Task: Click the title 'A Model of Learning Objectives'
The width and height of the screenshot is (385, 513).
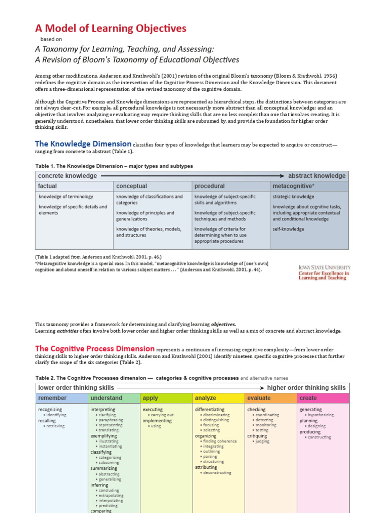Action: click(110, 28)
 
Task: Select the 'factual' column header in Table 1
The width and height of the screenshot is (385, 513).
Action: click(48, 186)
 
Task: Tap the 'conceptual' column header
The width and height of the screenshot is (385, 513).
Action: click(131, 186)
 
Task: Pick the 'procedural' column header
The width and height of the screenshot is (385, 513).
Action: click(210, 186)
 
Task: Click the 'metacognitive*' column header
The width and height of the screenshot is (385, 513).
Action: click(294, 186)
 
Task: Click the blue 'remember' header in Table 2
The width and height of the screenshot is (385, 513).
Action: click(53, 398)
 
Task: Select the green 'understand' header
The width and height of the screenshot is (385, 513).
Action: click(106, 398)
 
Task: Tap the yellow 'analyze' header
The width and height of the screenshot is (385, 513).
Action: click(206, 398)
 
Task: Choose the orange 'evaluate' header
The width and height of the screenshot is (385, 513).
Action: click(259, 398)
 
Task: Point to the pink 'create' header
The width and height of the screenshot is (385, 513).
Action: click(308, 398)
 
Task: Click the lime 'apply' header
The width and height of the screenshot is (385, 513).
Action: click(150, 398)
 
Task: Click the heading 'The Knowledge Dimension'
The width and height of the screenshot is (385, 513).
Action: click(83, 144)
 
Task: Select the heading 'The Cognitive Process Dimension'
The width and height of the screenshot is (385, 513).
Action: click(95, 349)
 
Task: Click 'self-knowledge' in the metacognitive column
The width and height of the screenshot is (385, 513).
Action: click(288, 229)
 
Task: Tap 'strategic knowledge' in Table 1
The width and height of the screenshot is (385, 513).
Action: click(293, 197)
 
